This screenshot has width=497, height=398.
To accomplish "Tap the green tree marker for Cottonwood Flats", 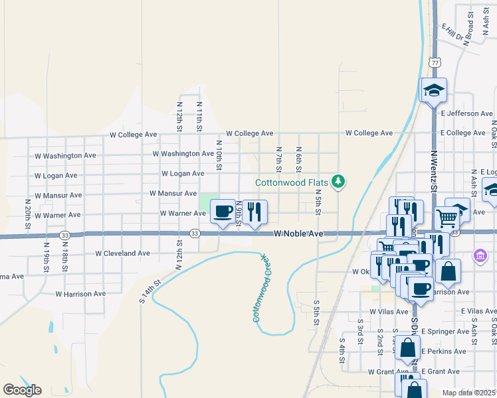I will [339, 181].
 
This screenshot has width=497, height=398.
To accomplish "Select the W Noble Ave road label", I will [298, 234].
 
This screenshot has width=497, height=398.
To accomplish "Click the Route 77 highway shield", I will [435, 62].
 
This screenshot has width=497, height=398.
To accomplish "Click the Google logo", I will [22, 390].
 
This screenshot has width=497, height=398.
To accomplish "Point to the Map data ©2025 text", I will [469, 393].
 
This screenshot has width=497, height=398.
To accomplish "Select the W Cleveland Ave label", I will [123, 253].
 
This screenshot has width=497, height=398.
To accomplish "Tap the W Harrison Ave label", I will [80, 293].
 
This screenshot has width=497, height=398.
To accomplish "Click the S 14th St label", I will [149, 292].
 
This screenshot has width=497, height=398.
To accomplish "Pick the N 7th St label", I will [279, 158].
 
